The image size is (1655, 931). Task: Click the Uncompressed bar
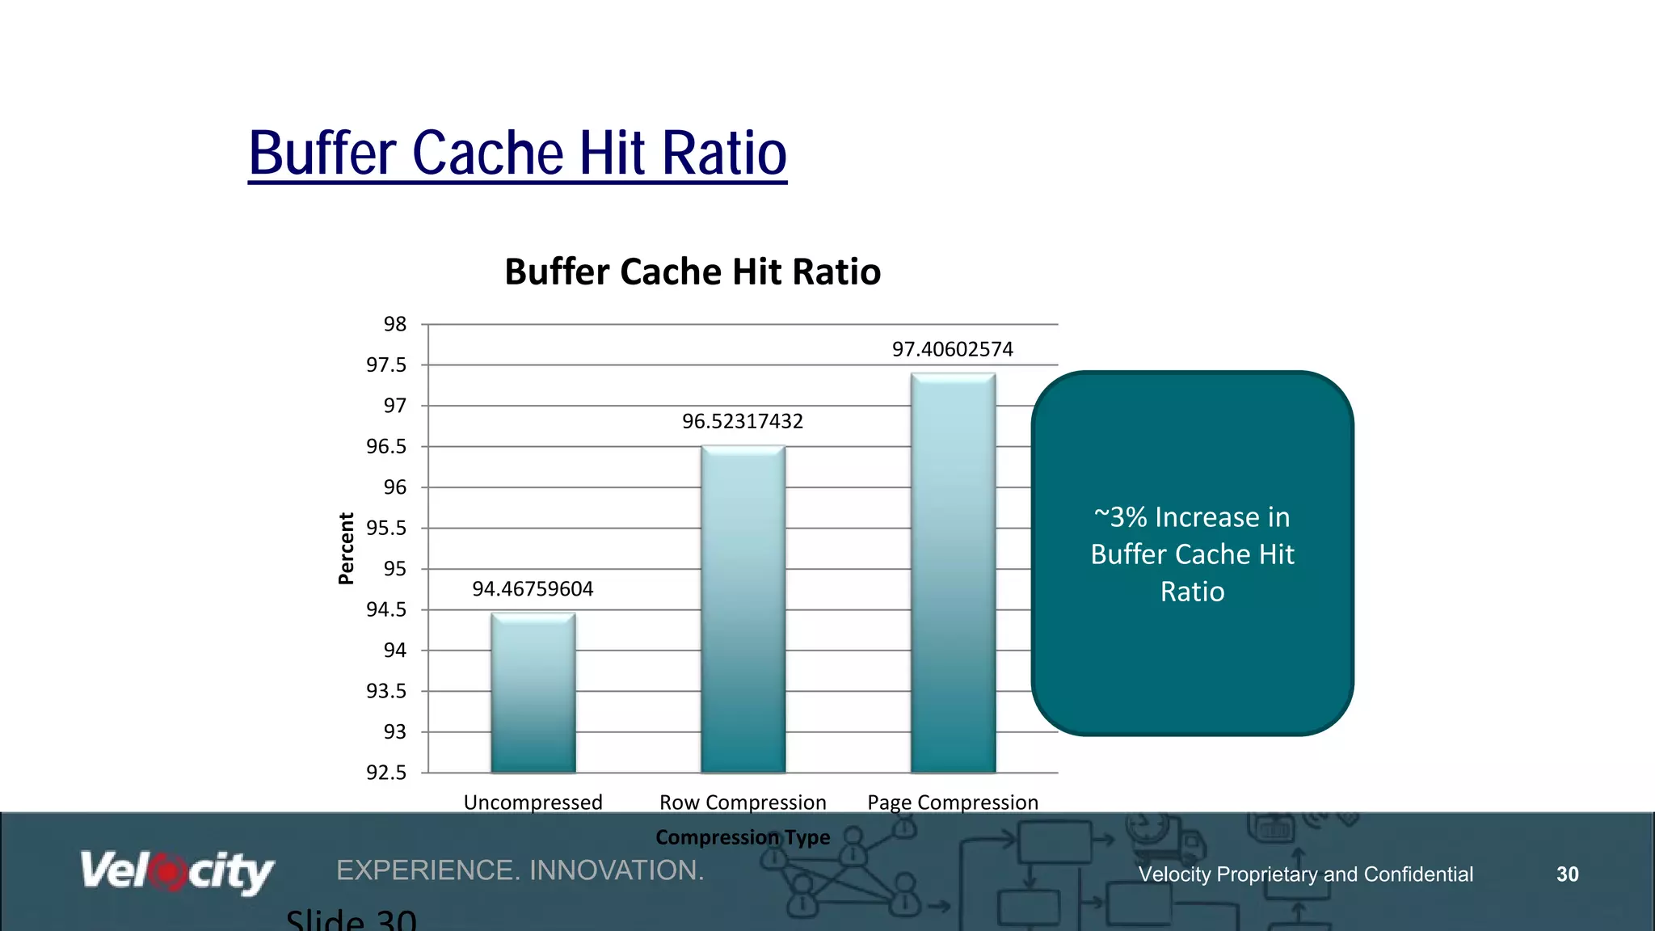(x=533, y=693)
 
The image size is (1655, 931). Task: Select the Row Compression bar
(x=743, y=609)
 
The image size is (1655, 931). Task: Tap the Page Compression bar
(x=953, y=573)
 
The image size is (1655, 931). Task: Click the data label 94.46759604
(x=533, y=589)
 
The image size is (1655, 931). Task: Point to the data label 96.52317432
(x=742, y=421)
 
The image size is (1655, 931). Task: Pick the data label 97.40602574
(x=952, y=349)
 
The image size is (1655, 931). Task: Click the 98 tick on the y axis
(x=394, y=324)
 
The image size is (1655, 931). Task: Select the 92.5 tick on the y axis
(x=386, y=773)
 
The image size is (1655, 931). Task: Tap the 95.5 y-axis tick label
(x=386, y=528)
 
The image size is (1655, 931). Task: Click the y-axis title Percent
(x=346, y=548)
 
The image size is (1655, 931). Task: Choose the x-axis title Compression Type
(x=742, y=837)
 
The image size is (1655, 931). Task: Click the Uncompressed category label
(x=533, y=803)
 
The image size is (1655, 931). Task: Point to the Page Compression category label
(x=952, y=803)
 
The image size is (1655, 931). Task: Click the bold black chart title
(x=693, y=272)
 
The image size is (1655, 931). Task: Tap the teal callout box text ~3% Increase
(x=1192, y=517)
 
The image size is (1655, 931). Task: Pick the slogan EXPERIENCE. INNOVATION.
(x=520, y=870)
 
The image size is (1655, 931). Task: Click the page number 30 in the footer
(x=1567, y=874)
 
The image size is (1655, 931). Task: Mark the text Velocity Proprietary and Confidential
(x=1305, y=874)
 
